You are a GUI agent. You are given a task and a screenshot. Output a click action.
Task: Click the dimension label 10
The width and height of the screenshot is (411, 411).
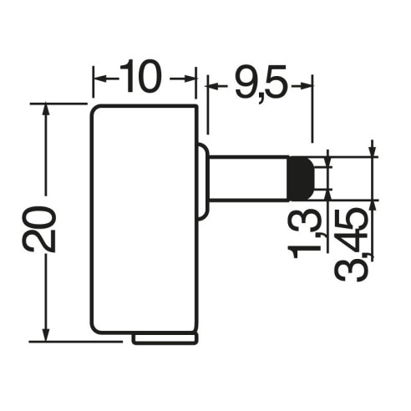140,76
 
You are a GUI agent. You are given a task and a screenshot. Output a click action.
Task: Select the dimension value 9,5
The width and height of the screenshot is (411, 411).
261,83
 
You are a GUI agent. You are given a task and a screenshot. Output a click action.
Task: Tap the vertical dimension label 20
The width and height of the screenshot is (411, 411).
38,229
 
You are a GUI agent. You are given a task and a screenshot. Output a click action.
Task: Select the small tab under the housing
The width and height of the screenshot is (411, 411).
165,337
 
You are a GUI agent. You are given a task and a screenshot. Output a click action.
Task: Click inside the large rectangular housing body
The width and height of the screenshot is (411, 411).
145,219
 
